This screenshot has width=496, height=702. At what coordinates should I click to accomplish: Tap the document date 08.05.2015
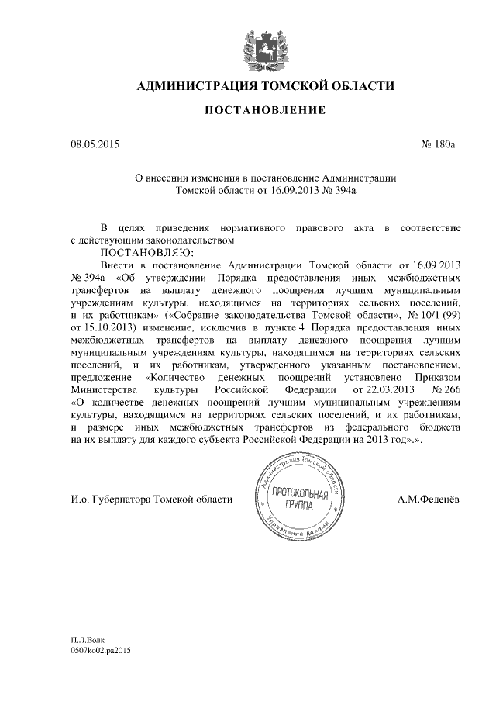[x=95, y=144]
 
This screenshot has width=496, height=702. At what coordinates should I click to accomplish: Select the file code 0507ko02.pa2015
[x=102, y=651]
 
